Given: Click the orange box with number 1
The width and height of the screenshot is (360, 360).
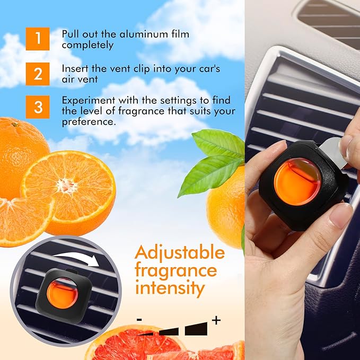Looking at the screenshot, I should (38, 39).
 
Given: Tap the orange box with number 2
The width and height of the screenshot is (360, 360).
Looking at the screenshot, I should (38, 73).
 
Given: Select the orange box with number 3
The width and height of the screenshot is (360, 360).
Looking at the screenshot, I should (38, 107).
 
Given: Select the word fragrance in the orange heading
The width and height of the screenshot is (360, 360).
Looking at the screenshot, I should (175, 270).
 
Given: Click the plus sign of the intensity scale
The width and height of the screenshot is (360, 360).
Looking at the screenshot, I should (216, 320).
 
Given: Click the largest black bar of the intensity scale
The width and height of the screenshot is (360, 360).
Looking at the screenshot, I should (198, 328).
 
